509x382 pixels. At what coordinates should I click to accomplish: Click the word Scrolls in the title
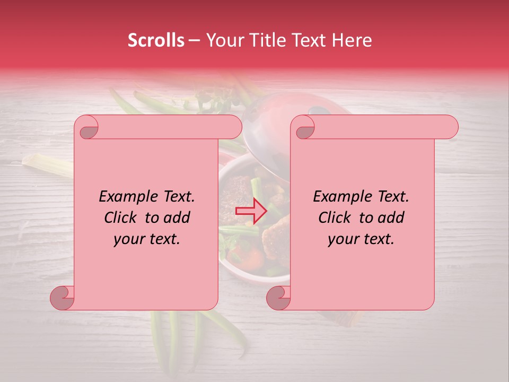click(156, 40)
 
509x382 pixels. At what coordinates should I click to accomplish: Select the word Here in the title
click(352, 40)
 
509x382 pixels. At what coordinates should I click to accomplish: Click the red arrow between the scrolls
click(250, 211)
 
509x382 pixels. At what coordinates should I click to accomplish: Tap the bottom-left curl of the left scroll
click(62, 298)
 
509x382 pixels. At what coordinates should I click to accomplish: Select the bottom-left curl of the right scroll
click(278, 298)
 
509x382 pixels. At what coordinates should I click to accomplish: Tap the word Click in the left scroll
click(120, 218)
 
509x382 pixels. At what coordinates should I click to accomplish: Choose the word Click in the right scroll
click(334, 218)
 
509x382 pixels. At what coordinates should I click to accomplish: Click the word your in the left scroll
click(128, 239)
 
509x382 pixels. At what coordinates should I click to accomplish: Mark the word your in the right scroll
click(343, 239)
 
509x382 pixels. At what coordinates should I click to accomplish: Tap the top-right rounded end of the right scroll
click(449, 127)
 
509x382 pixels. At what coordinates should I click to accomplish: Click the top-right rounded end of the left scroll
click(232, 127)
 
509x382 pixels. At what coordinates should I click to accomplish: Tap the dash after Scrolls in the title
click(194, 40)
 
